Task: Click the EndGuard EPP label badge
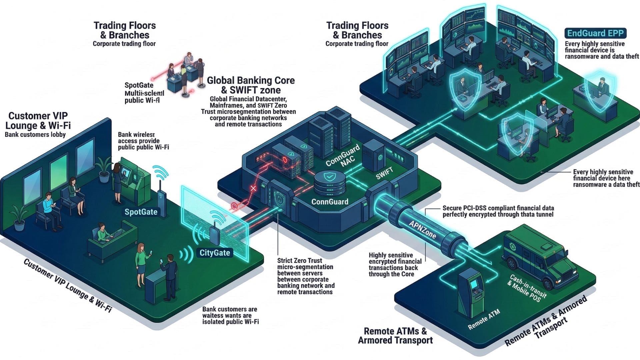(595, 33)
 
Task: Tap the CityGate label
(215, 253)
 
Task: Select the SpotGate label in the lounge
(141, 212)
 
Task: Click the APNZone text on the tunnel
(423, 229)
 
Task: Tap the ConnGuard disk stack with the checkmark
(329, 183)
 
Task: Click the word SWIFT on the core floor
(384, 174)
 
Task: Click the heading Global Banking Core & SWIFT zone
(251, 85)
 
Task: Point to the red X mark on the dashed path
(253, 189)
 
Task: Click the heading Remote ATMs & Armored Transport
(395, 335)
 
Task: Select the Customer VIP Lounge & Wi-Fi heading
(38, 120)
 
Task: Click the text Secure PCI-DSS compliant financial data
(498, 208)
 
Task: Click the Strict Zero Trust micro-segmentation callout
(305, 276)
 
